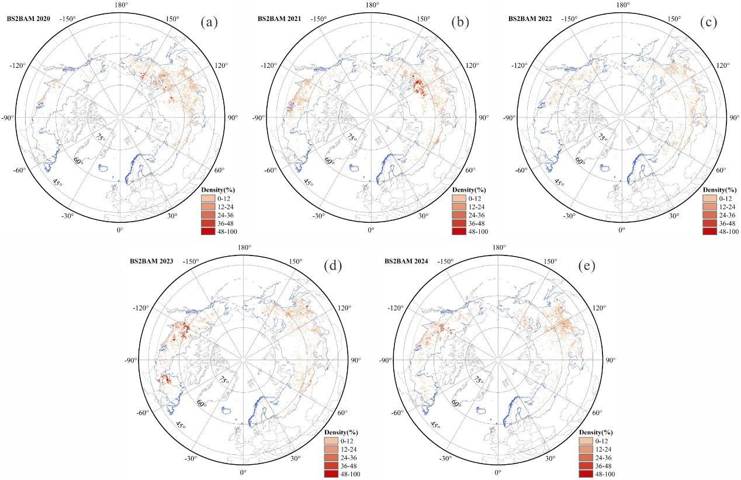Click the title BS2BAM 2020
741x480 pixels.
coord(29,19)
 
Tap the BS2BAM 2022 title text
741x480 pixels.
coord(530,19)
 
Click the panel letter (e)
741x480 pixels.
coord(587,265)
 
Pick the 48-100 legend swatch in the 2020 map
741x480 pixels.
coord(207,232)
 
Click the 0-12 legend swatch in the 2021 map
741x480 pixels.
coord(459,199)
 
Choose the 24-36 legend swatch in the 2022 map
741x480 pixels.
coord(709,215)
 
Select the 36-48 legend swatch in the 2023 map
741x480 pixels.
coord(331,466)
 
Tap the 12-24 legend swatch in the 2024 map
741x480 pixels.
coord(586,449)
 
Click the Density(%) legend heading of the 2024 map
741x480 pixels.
coord(595,432)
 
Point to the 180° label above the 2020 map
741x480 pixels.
coord(120,5)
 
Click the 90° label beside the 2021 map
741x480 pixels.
coord(484,118)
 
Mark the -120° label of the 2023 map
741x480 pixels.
coord(141,308)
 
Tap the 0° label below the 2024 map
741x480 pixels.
coord(498,472)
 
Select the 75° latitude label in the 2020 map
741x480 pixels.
coord(101,137)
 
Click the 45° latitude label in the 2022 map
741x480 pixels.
coord(559,182)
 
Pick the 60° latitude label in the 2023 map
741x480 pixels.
coord(202,403)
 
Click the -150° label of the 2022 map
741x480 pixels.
coord(569,19)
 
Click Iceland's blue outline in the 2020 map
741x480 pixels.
coord(103,168)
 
